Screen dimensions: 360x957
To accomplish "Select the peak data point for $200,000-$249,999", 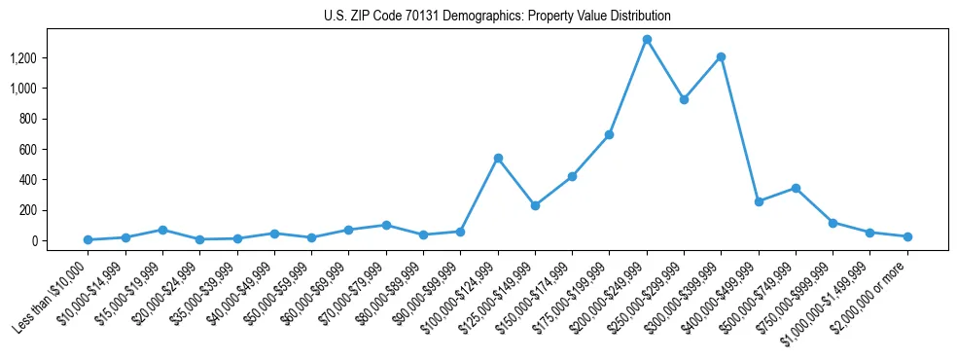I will pyautogui.click(x=647, y=40).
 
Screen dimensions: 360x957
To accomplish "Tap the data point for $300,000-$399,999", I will pyautogui.click(x=721, y=56).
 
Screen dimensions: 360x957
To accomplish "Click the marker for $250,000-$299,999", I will pyautogui.click(x=684, y=99).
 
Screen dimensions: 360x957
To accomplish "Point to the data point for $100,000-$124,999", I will pyautogui.click(x=498, y=158).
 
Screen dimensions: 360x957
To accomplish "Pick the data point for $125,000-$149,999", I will pyautogui.click(x=535, y=205).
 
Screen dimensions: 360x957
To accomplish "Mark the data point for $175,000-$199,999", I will pyautogui.click(x=609, y=134).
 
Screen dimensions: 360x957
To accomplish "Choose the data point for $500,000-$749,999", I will pyautogui.click(x=796, y=188).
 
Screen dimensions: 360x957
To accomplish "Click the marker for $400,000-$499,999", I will pyautogui.click(x=759, y=201).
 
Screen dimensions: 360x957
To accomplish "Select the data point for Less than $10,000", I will pyautogui.click(x=88, y=239).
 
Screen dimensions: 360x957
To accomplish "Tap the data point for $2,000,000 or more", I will pyautogui.click(x=907, y=236).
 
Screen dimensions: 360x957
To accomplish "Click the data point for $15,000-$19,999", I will pyautogui.click(x=162, y=230).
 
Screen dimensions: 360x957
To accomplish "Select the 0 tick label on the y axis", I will pyautogui.click(x=33, y=240).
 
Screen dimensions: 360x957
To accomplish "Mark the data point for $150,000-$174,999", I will pyautogui.click(x=572, y=176).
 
